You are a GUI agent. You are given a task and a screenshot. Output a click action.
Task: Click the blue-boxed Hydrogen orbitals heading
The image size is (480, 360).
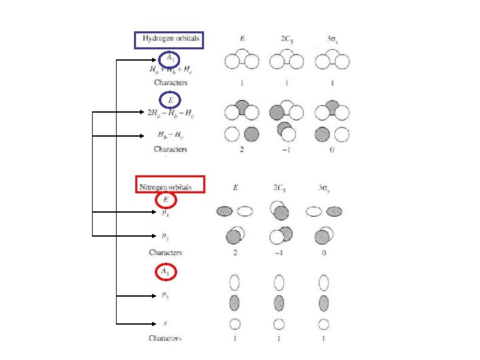click(x=170, y=40)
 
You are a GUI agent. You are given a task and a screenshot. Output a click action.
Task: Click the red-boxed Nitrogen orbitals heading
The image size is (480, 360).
click(x=170, y=184)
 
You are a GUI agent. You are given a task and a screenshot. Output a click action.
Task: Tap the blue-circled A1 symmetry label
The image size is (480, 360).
click(x=171, y=59)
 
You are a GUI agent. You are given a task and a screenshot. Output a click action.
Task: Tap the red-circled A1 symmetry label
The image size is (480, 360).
click(x=170, y=271)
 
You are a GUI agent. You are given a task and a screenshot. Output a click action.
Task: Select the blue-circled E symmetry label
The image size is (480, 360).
click(x=171, y=100)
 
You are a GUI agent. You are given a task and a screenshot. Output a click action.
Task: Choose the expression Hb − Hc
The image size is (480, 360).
click(x=170, y=135)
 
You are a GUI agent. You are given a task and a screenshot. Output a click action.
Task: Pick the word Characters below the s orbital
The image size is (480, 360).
click(x=165, y=339)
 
